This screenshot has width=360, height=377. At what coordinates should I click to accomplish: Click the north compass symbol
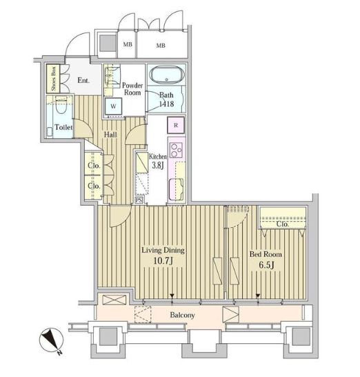(52, 340)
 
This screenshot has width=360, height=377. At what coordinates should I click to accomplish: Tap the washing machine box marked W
(113, 106)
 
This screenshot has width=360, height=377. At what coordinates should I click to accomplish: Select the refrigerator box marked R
(176, 125)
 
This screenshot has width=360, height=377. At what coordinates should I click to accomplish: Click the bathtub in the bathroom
(167, 75)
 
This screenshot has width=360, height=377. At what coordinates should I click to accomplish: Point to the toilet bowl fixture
(61, 105)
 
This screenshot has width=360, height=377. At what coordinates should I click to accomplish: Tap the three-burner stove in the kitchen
(176, 150)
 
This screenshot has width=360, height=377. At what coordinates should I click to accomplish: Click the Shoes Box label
(53, 79)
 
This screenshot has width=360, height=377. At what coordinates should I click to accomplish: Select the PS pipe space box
(139, 200)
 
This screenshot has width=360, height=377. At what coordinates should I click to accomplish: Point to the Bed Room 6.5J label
(266, 260)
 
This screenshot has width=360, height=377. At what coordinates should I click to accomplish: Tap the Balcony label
(182, 315)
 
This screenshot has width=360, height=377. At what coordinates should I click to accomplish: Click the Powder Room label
(132, 88)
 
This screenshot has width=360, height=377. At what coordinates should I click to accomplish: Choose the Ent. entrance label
(83, 80)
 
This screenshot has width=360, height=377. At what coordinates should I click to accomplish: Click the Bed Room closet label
(283, 224)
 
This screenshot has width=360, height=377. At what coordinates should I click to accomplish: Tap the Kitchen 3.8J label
(158, 161)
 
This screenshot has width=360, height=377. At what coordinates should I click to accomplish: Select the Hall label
(110, 135)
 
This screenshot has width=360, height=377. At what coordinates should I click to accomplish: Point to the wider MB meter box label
(161, 45)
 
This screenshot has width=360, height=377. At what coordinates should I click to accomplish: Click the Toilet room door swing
(83, 128)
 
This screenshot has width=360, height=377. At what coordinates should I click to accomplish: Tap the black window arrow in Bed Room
(258, 296)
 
